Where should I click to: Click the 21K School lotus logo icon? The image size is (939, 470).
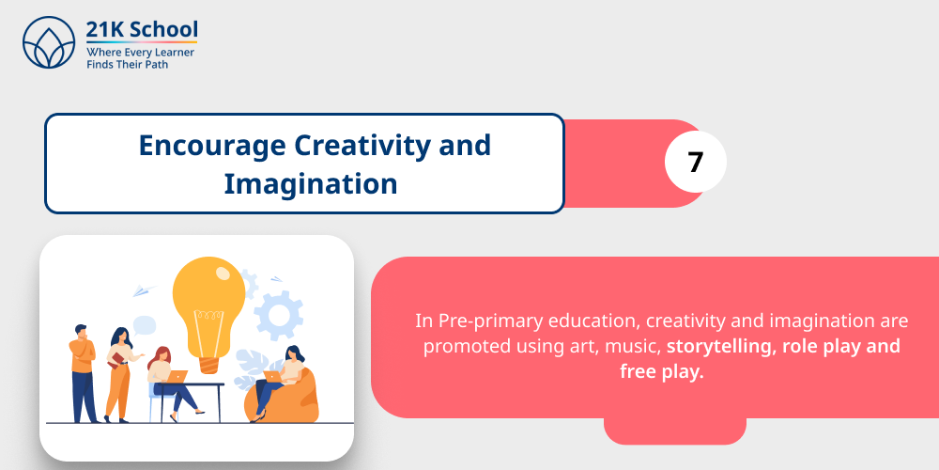point(48,43)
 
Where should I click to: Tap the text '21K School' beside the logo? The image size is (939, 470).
point(141,29)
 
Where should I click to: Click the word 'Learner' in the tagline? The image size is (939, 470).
point(171,52)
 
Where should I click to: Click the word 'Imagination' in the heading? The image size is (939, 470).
point(310,183)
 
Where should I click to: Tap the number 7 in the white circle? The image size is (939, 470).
point(696,163)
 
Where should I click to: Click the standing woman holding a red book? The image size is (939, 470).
point(118,371)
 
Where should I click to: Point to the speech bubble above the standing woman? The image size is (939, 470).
point(143,326)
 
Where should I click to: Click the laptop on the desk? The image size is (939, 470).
point(176,376)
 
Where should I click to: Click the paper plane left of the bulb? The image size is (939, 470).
point(144,290)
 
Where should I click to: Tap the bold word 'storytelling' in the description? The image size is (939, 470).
point(718,346)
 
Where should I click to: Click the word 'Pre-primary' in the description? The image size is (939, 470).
point(486,321)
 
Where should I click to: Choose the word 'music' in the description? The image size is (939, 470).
point(633,346)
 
